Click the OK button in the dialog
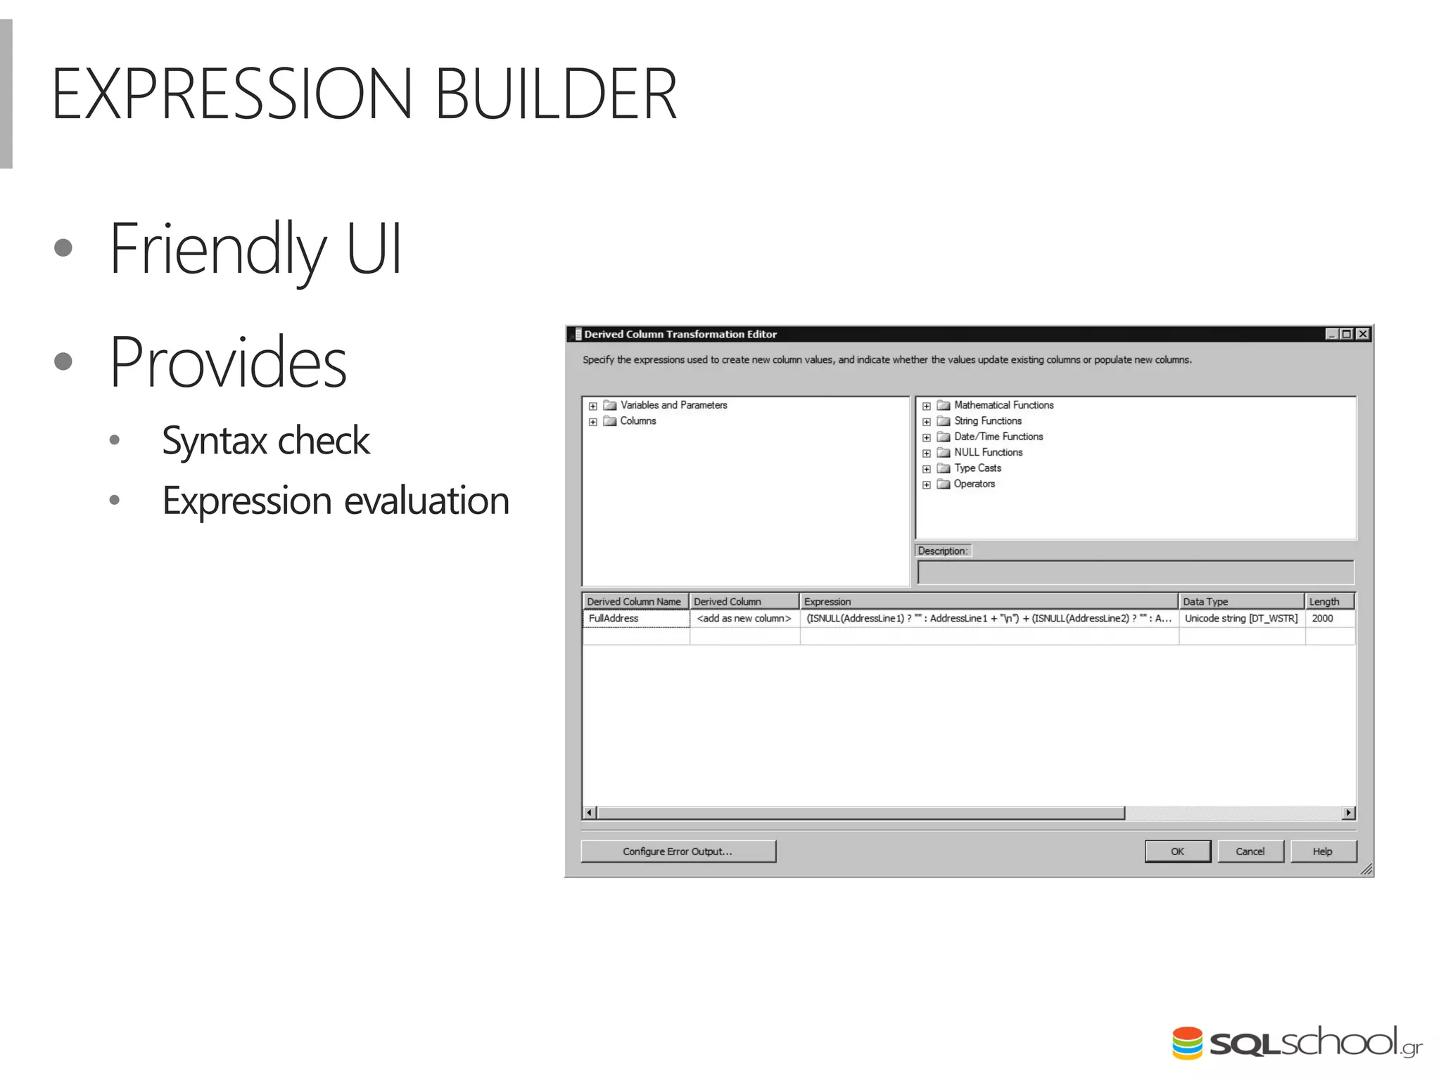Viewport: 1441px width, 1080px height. tap(1177, 851)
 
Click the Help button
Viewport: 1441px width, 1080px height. tap(1322, 851)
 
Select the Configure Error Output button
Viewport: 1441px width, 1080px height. tap(678, 851)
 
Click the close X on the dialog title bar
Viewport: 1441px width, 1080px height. tap(1363, 334)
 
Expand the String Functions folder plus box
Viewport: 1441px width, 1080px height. tap(927, 421)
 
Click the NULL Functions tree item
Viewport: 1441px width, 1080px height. tap(988, 452)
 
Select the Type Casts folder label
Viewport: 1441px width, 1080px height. tap(977, 468)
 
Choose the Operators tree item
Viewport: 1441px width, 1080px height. tap(974, 484)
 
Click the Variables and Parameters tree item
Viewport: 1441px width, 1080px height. tap(673, 405)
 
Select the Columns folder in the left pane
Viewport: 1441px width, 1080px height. tap(637, 420)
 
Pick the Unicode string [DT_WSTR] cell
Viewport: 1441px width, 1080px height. tap(1240, 618)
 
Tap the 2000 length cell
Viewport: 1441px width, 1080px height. tap(1323, 618)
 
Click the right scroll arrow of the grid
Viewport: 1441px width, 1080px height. tap(1348, 813)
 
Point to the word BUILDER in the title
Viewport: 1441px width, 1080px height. tap(555, 94)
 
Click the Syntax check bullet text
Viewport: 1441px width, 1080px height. tap(265, 441)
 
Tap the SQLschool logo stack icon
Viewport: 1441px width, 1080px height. tap(1188, 1043)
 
